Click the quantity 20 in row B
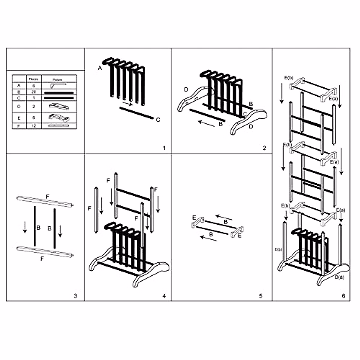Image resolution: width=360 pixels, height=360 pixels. (x=34, y=92)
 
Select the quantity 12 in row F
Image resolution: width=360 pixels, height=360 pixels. (x=34, y=126)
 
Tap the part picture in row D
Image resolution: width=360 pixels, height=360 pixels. (x=59, y=106)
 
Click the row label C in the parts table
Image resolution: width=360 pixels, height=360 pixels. (x=19, y=98)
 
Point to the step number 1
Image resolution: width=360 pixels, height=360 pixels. (x=164, y=148)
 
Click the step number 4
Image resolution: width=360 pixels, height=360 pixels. (x=164, y=296)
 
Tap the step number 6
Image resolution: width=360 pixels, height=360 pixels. (x=343, y=296)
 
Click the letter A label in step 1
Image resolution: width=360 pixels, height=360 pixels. (x=100, y=68)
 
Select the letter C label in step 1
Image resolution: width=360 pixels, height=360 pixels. (x=158, y=120)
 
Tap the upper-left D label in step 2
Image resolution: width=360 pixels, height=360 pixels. (x=186, y=89)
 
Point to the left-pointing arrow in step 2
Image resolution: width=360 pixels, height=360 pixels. (x=206, y=123)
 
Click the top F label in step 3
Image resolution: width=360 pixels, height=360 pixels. (x=47, y=196)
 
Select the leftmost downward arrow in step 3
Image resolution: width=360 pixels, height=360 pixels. (x=25, y=227)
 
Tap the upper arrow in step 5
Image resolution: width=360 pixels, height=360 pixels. (x=223, y=217)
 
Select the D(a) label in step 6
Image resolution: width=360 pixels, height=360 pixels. (x=339, y=277)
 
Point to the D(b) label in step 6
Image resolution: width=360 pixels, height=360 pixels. (x=278, y=249)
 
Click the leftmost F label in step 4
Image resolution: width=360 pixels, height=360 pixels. (x=89, y=208)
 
